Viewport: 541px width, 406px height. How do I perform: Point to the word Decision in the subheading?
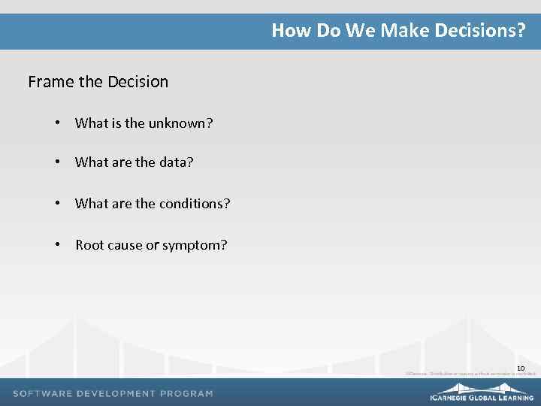138,81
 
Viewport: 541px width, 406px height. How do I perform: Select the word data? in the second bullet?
176,162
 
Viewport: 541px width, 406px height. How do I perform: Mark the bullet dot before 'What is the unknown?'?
58,123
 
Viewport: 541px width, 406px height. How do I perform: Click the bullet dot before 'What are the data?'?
58,162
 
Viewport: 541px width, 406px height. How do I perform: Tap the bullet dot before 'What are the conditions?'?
58,204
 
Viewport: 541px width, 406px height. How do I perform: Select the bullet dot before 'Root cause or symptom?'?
58,245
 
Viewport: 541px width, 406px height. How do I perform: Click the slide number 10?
520,368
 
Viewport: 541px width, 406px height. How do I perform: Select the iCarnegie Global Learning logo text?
481,396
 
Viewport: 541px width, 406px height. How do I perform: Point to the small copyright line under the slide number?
470,373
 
